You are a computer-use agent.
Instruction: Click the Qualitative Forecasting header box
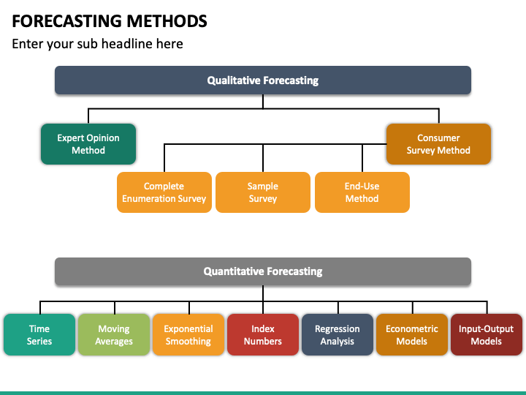click(263, 80)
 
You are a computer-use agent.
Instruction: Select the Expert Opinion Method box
click(88, 144)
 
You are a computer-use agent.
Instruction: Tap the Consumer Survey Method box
click(438, 144)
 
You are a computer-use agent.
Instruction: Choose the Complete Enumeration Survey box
click(164, 192)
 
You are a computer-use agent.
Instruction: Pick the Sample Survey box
click(263, 192)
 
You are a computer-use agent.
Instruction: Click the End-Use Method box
click(362, 192)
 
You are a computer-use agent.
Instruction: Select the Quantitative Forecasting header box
click(263, 271)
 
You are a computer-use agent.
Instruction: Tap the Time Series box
click(39, 335)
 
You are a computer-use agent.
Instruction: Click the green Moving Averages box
click(114, 335)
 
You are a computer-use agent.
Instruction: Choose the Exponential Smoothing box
click(188, 335)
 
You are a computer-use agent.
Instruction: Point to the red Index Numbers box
click(263, 335)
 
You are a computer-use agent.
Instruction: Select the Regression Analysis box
click(338, 335)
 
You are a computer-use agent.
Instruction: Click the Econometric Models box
click(412, 335)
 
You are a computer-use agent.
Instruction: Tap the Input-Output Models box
click(487, 335)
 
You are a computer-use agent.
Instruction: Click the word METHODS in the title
click(167, 21)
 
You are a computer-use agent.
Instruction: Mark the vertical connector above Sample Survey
click(263, 158)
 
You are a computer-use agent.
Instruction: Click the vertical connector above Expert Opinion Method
click(88, 116)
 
